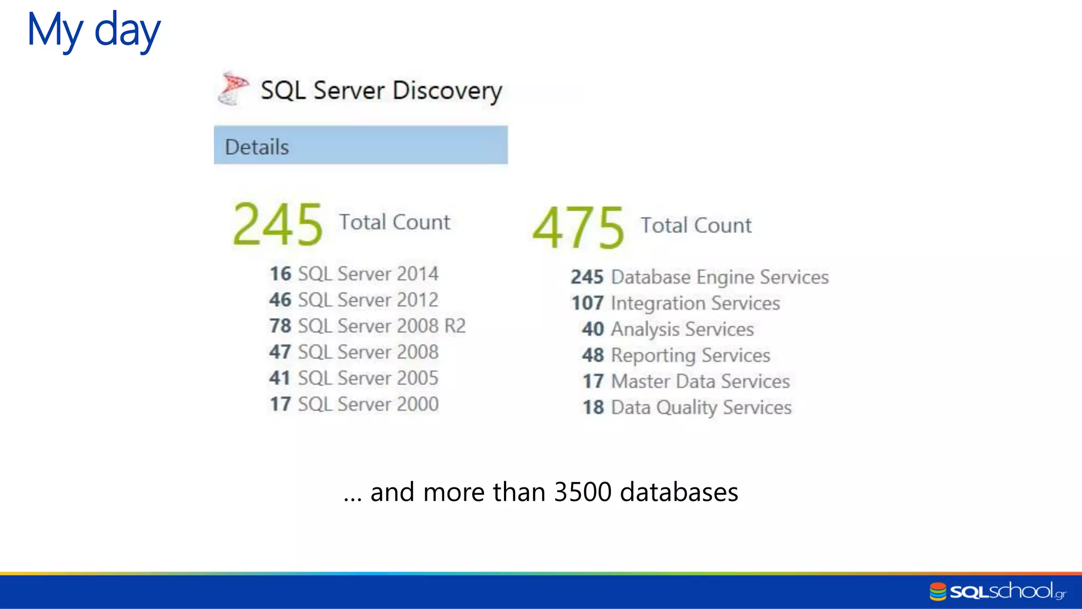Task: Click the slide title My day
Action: [94, 31]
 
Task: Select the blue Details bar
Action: [360, 145]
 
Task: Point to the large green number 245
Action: [277, 225]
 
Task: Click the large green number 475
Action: [578, 228]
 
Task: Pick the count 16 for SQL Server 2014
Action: [280, 274]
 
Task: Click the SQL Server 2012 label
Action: [368, 300]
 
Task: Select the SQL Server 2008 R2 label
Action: [381, 326]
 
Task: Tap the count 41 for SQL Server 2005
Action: [279, 378]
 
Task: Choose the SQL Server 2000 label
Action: [368, 404]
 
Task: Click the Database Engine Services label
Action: [720, 277]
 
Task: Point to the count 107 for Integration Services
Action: [587, 303]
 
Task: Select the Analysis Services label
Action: [682, 329]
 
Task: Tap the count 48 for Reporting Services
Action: [593, 355]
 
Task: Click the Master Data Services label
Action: [700, 381]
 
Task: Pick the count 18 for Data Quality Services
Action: [593, 408]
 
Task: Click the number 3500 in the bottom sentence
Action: [582, 492]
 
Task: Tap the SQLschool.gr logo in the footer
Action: [997, 591]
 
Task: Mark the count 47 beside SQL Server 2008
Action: [279, 352]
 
